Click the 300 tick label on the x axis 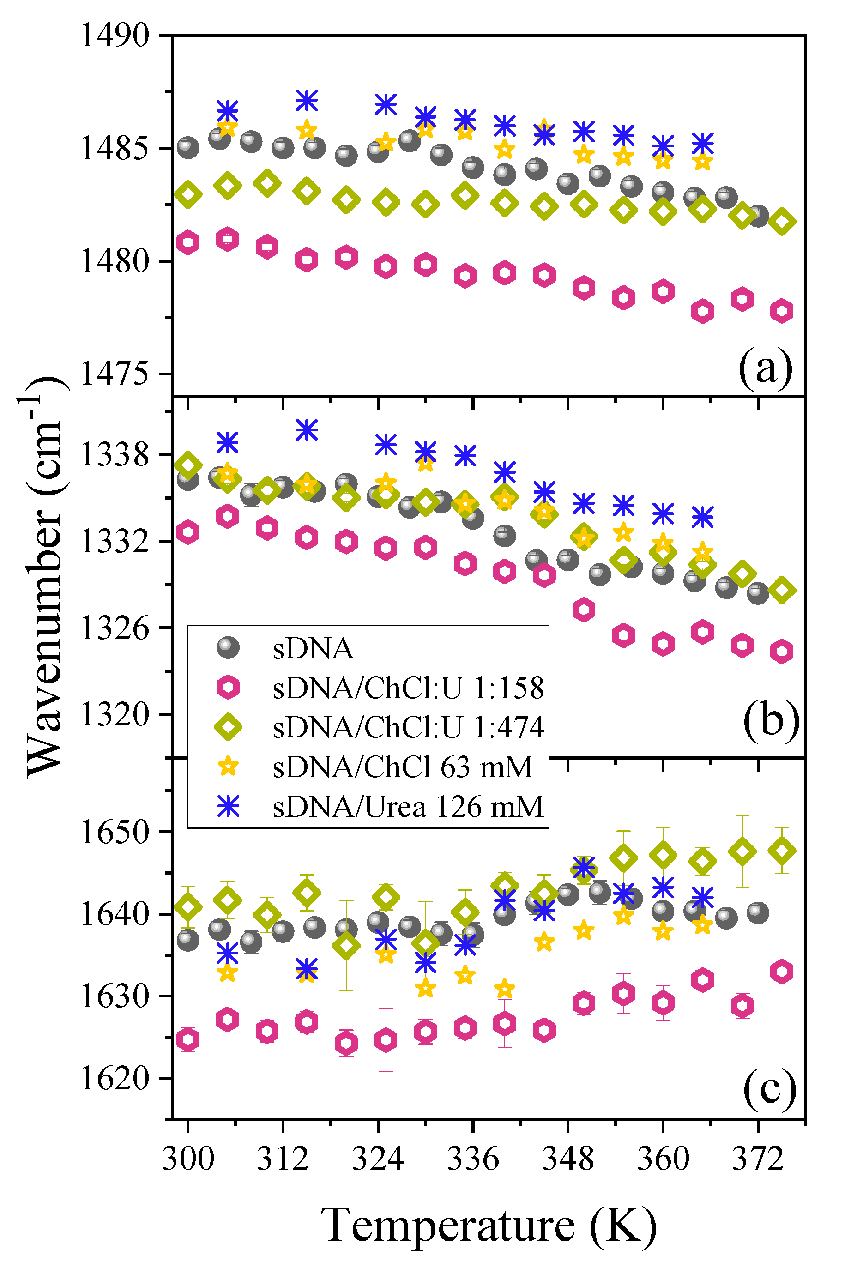pyautogui.click(x=188, y=1158)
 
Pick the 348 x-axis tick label pyautogui.click(x=568, y=1158)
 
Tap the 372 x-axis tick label pyautogui.click(x=758, y=1158)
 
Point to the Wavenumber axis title pyautogui.click(x=45, y=577)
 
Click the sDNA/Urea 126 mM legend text pyautogui.click(x=408, y=807)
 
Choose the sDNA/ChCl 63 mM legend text pyautogui.click(x=403, y=767)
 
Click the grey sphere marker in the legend pyautogui.click(x=228, y=648)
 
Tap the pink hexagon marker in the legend pyautogui.click(x=228, y=688)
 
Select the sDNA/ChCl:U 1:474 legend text pyautogui.click(x=408, y=727)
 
